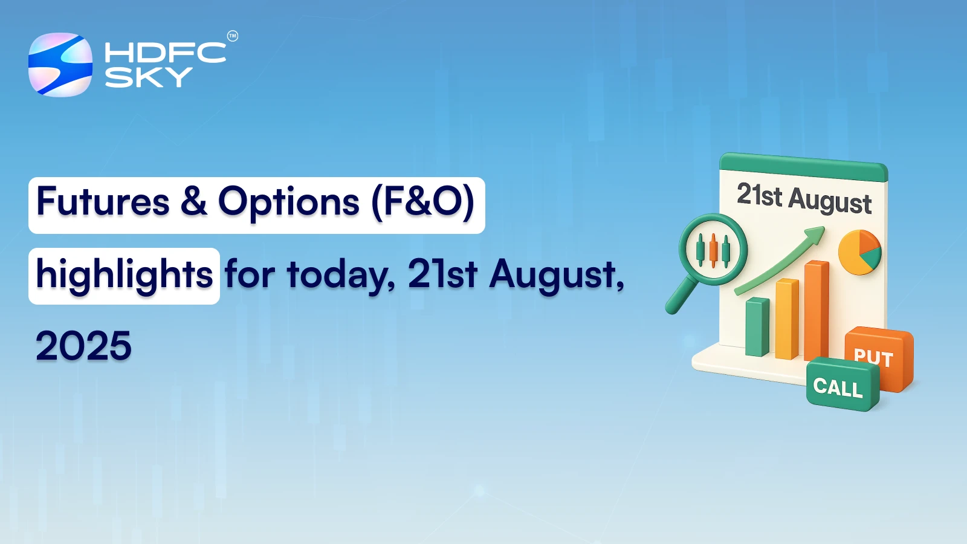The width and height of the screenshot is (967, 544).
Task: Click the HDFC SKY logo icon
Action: click(x=60, y=65)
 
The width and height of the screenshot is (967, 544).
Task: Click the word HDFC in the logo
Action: click(x=165, y=53)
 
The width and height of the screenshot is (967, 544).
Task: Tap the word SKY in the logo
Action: click(x=148, y=77)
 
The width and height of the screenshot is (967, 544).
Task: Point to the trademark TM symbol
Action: click(x=233, y=36)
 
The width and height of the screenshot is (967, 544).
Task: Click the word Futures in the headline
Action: click(x=103, y=202)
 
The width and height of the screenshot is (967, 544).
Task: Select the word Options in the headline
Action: click(x=288, y=202)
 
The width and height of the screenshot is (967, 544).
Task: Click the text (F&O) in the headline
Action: click(x=422, y=202)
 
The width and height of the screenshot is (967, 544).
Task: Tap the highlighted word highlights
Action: click(x=124, y=275)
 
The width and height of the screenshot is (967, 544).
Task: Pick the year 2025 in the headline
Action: click(x=83, y=346)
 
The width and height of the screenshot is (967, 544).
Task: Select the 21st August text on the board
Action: click(x=804, y=198)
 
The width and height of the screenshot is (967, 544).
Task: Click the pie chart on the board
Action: click(x=859, y=252)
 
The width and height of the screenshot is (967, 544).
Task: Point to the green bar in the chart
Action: click(x=757, y=327)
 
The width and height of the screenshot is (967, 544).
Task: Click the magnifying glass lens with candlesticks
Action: click(x=713, y=250)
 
